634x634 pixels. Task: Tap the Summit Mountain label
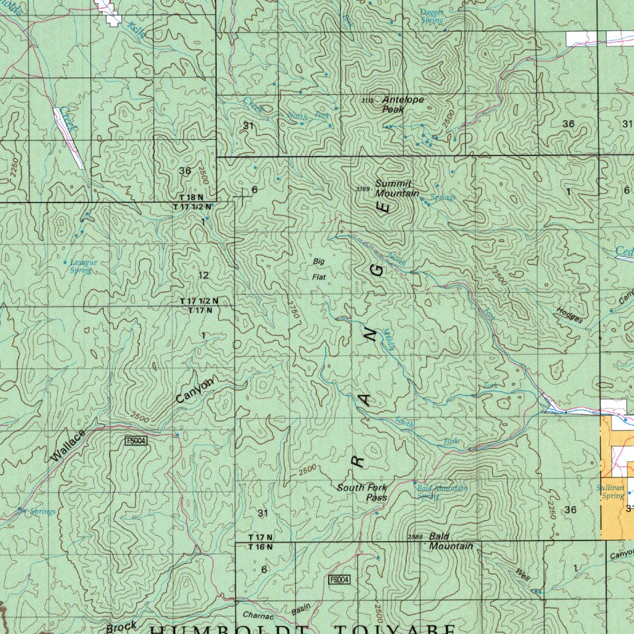(x=393, y=189)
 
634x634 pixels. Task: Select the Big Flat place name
(x=319, y=269)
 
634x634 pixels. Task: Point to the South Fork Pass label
(x=362, y=492)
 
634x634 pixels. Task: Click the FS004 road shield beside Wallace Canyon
(x=136, y=440)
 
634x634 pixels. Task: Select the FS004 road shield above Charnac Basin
(x=339, y=580)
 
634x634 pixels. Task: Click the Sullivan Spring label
(x=610, y=492)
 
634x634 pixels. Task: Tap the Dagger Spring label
(x=432, y=16)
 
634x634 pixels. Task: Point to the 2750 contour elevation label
(x=293, y=309)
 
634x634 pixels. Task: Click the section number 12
(x=204, y=275)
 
